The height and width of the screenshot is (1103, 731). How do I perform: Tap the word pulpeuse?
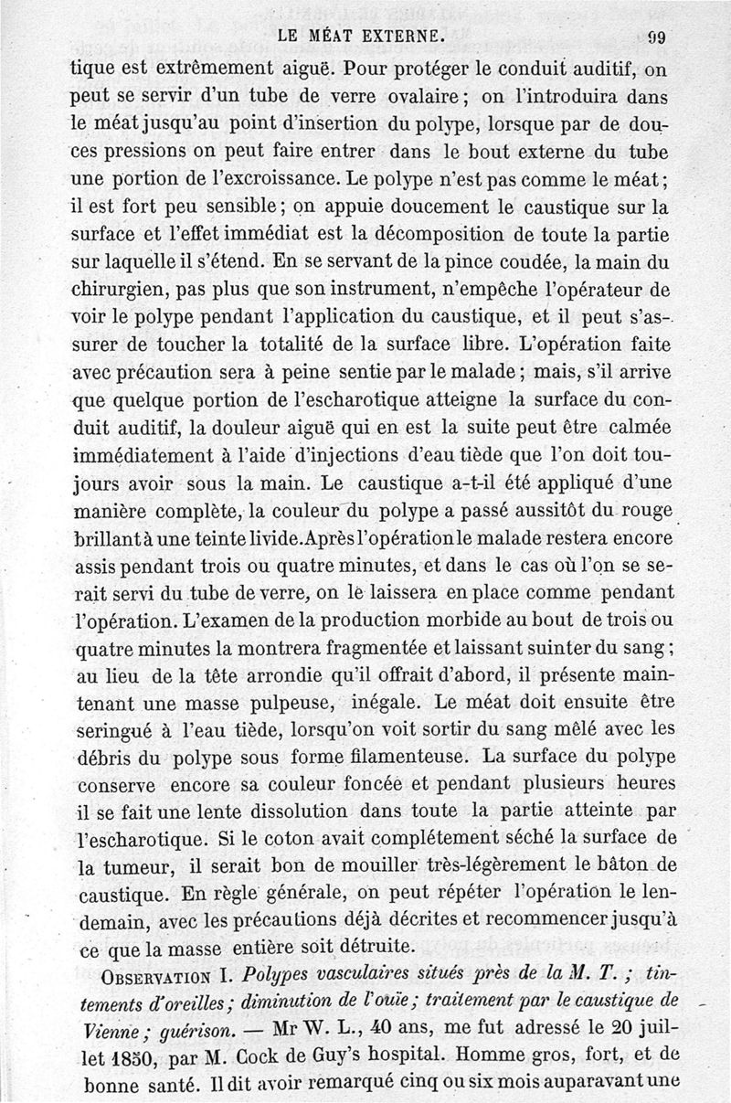pyautogui.click(x=291, y=705)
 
